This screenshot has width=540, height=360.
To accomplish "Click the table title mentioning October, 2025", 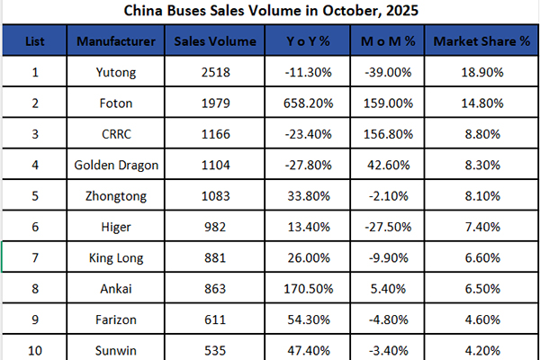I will [270, 12].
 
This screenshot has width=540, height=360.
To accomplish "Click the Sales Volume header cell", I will [214, 41].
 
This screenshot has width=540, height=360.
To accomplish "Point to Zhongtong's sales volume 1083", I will [214, 193].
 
